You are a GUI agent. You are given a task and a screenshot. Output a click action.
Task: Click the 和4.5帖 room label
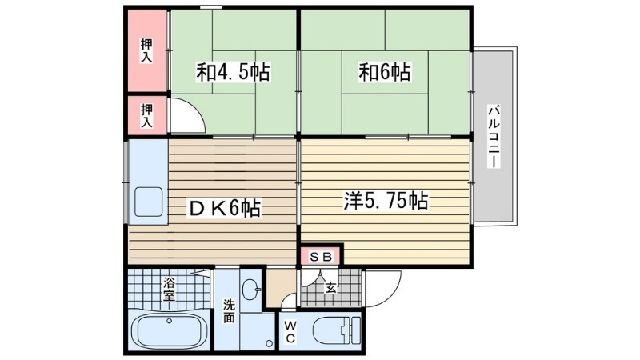tap(233, 73)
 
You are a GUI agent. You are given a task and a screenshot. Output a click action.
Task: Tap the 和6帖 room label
tap(385, 73)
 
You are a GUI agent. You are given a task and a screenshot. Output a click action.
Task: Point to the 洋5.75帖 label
tap(385, 202)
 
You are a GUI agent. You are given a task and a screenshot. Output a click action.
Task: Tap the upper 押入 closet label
tap(147, 50)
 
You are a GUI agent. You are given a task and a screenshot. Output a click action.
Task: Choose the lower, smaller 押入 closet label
tap(147, 114)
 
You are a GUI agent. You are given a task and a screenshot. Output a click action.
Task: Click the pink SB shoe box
tap(321, 257)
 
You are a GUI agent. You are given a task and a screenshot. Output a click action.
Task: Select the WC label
tap(289, 332)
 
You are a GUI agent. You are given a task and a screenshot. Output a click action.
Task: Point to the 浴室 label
tap(170, 287)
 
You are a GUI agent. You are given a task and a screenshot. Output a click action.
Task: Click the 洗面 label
tap(229, 310)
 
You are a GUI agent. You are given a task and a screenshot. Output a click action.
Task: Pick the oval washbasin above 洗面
tap(251, 289)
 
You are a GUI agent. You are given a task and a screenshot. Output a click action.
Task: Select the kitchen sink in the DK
tap(150, 202)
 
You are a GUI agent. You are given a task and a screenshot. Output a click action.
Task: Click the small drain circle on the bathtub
tap(170, 321)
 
